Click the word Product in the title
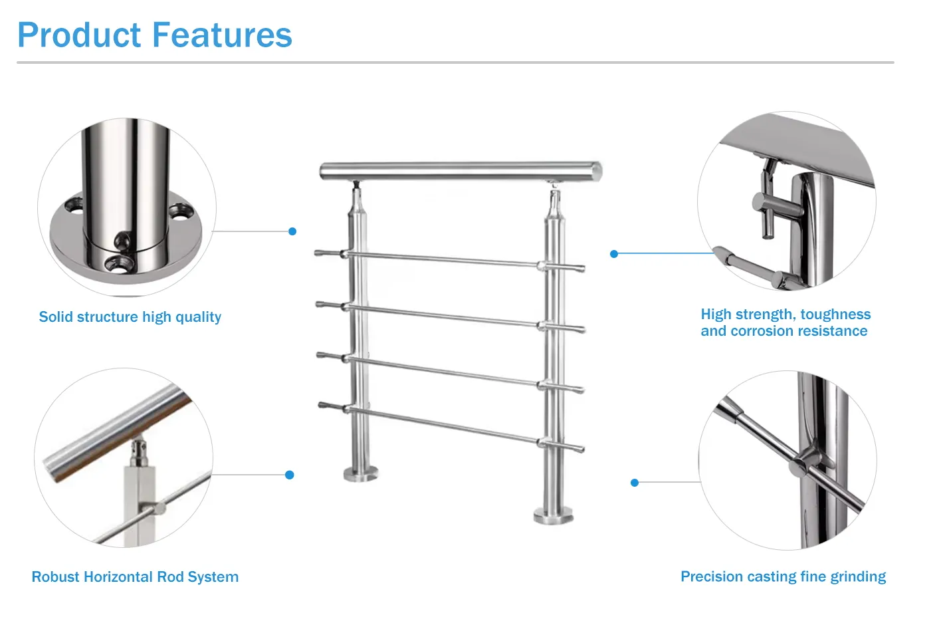[79, 36]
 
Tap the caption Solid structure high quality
[130, 317]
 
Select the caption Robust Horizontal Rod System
[135, 577]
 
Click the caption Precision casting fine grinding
[783, 576]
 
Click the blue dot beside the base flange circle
[292, 231]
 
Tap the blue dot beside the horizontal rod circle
[289, 475]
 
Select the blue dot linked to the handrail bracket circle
[614, 254]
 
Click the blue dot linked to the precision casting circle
[635, 483]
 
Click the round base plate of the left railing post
[361, 473]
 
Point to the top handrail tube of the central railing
[460, 171]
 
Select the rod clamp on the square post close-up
[155, 509]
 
